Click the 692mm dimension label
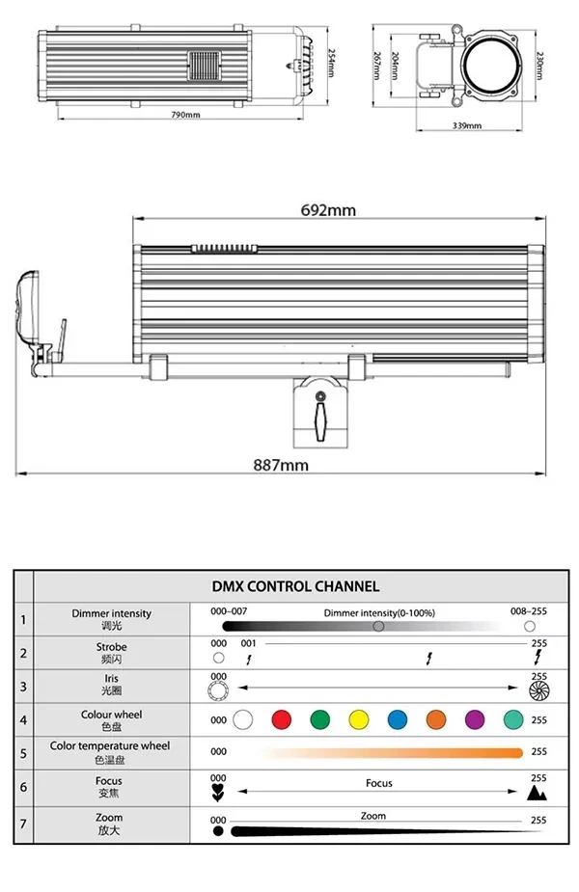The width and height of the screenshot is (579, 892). pyautogui.click(x=327, y=210)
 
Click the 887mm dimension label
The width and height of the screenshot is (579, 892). pyautogui.click(x=281, y=465)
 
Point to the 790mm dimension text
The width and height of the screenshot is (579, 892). pyautogui.click(x=186, y=115)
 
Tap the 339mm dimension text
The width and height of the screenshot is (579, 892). pyautogui.click(x=466, y=126)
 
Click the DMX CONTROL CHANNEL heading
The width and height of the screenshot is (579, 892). pyautogui.click(x=295, y=585)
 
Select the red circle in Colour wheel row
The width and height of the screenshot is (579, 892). pyautogui.click(x=281, y=719)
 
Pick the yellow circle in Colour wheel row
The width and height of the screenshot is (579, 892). pyautogui.click(x=358, y=719)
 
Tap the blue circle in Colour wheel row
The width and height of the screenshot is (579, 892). pyautogui.click(x=397, y=719)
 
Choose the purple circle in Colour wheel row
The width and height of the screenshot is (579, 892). pyautogui.click(x=474, y=719)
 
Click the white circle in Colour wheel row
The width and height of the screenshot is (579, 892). pyautogui.click(x=243, y=719)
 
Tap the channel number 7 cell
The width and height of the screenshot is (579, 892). pyautogui.click(x=23, y=824)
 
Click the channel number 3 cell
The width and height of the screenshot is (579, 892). pyautogui.click(x=23, y=686)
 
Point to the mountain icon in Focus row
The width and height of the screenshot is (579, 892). pyautogui.click(x=538, y=793)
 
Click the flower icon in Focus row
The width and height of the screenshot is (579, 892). pyautogui.click(x=218, y=794)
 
